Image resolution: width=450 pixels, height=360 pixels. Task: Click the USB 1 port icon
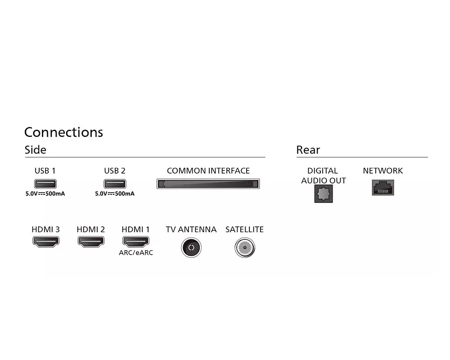(x=45, y=184)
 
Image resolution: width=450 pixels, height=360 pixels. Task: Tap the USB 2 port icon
(x=115, y=184)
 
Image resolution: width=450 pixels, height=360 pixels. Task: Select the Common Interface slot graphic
(x=208, y=184)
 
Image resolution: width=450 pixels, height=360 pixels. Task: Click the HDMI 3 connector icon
(x=45, y=241)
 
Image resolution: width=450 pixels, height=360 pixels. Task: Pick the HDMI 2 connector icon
(x=91, y=241)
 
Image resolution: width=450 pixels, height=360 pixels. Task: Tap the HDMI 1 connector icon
(x=135, y=241)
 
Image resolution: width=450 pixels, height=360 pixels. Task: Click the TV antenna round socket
(x=191, y=247)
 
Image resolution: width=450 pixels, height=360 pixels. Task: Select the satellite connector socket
(x=245, y=247)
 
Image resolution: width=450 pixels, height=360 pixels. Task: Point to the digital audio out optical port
(x=323, y=194)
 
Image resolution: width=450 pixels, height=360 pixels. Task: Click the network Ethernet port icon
(x=383, y=187)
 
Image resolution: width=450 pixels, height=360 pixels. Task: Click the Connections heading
(x=63, y=132)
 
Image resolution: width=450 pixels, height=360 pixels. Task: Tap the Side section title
(x=35, y=150)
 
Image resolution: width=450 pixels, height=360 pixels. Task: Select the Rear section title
(x=308, y=150)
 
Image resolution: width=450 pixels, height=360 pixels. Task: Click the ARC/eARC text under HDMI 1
(x=135, y=253)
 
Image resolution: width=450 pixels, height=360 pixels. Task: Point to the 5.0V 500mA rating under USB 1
(x=45, y=194)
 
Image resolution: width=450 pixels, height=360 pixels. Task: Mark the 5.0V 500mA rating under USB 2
(x=115, y=194)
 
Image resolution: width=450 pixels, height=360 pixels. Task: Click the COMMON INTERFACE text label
(x=208, y=171)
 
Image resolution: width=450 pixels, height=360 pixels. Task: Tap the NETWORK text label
(x=383, y=171)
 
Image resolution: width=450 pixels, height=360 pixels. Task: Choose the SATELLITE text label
(x=244, y=229)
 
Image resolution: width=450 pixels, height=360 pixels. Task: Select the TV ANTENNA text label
(x=191, y=229)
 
